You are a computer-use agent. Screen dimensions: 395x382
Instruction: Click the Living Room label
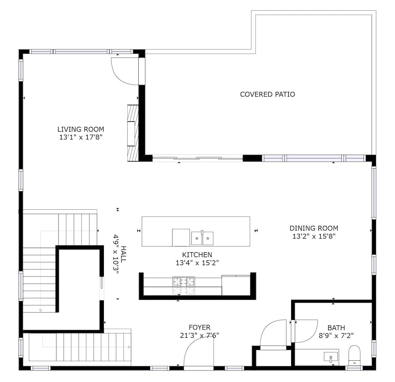pyautogui.click(x=81, y=129)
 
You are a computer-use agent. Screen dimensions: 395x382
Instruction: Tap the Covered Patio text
pyautogui.click(x=267, y=94)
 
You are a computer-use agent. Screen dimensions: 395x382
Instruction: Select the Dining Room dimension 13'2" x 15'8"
pyautogui.click(x=314, y=236)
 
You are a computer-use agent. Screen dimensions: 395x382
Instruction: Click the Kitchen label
pyautogui.click(x=197, y=254)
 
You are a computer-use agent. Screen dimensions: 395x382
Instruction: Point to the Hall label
pyautogui.click(x=123, y=254)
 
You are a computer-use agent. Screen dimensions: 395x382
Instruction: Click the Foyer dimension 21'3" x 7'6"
pyautogui.click(x=199, y=335)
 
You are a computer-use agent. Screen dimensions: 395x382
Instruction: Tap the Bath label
pyautogui.click(x=336, y=328)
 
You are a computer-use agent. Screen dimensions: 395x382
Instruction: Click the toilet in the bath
pyautogui.click(x=354, y=355)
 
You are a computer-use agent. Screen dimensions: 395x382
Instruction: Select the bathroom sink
pyautogui.click(x=331, y=357)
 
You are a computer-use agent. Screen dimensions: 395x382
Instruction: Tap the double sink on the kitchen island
pyautogui.click(x=202, y=238)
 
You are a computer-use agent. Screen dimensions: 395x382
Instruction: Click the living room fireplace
pyautogui.click(x=133, y=133)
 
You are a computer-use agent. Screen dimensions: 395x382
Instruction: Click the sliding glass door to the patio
pyautogui.click(x=198, y=158)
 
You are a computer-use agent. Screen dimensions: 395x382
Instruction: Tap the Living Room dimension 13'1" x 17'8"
pyautogui.click(x=81, y=137)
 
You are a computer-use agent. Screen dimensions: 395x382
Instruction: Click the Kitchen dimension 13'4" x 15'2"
pyautogui.click(x=197, y=263)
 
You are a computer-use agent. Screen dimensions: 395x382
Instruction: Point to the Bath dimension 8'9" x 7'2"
pyautogui.click(x=336, y=336)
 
